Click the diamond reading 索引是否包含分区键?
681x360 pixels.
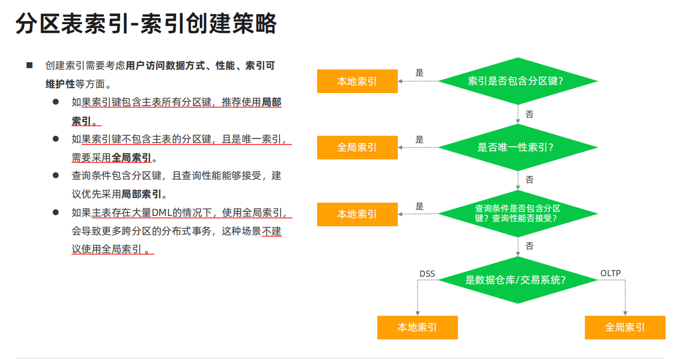point(518,81)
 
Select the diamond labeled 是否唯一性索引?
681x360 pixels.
point(518,148)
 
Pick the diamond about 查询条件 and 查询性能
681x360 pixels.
point(518,213)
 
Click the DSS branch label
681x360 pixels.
point(427,274)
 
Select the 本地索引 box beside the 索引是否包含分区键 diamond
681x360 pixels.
point(357,81)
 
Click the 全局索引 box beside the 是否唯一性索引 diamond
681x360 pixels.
point(357,148)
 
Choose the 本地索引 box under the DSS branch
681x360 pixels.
point(417,328)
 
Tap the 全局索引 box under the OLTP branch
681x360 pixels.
point(625,328)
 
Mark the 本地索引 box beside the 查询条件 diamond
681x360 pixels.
point(357,214)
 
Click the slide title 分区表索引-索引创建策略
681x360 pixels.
point(146,23)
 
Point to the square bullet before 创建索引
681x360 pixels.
point(29,65)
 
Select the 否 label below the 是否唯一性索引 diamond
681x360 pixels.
point(529,180)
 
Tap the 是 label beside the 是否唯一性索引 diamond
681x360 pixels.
point(419,139)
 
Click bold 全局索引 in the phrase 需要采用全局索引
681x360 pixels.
point(132,158)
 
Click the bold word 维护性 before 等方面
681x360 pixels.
point(60,84)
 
